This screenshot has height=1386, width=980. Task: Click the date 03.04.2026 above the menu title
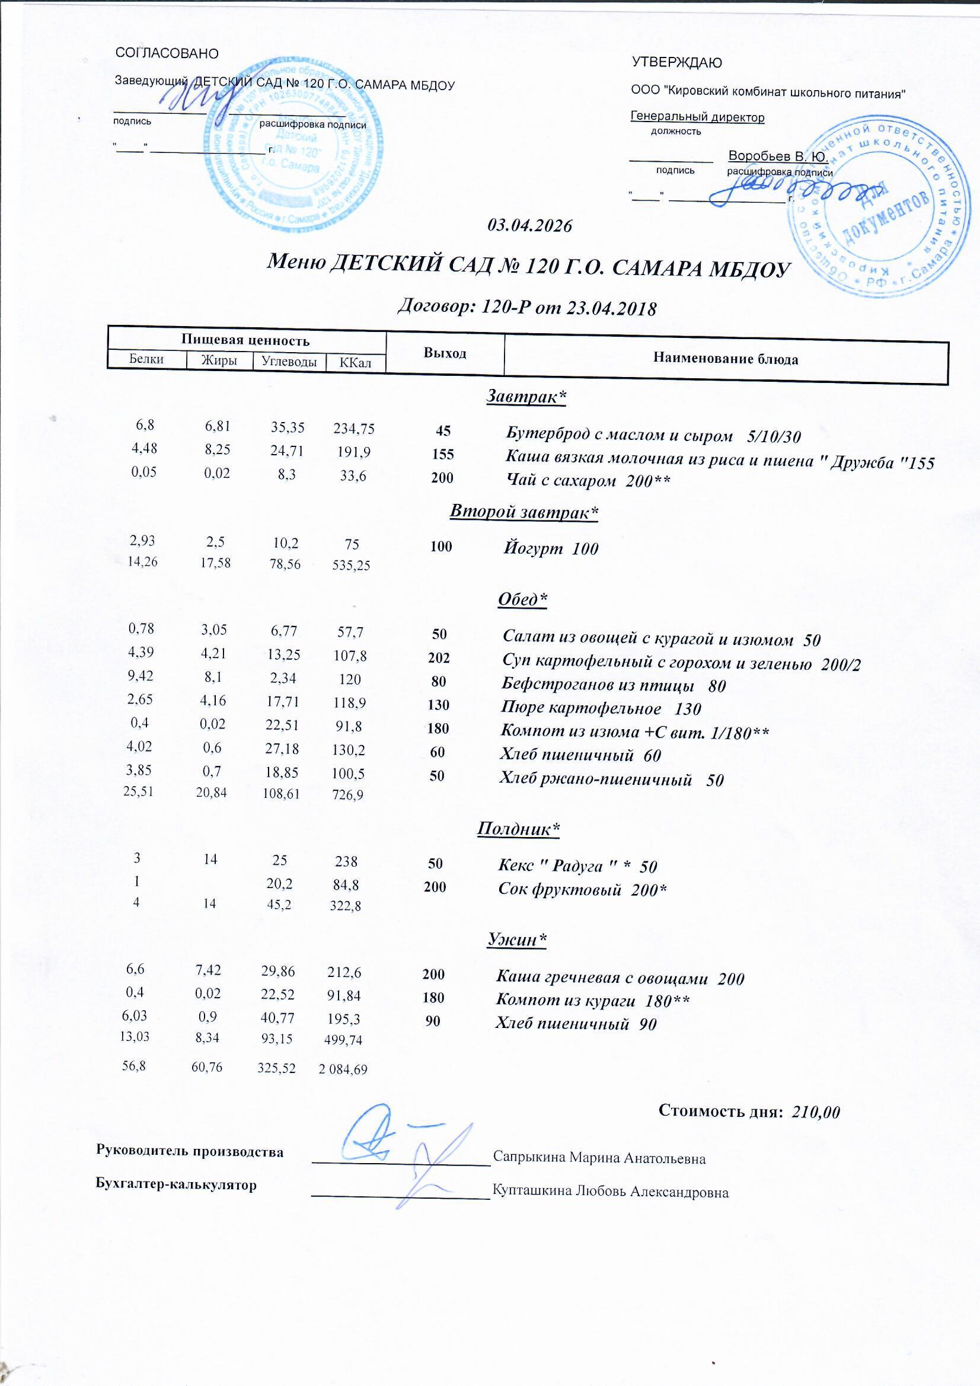tap(529, 226)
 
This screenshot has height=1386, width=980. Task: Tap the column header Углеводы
tap(289, 361)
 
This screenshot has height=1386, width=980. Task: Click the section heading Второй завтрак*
tap(523, 511)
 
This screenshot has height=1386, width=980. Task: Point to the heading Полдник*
tap(518, 829)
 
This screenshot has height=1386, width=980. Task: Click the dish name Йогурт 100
tap(551, 549)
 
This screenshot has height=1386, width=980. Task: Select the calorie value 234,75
tap(354, 429)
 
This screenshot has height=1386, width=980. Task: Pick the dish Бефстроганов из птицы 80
tap(614, 685)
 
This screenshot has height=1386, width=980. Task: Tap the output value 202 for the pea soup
tap(439, 657)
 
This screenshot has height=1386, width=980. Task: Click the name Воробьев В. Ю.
tap(778, 156)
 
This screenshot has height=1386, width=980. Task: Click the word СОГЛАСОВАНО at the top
tap(167, 54)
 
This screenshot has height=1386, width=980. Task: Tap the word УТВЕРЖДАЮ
tap(676, 62)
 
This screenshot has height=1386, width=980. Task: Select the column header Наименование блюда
tap(725, 359)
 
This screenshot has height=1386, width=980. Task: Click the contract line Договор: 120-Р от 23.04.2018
tap(526, 308)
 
